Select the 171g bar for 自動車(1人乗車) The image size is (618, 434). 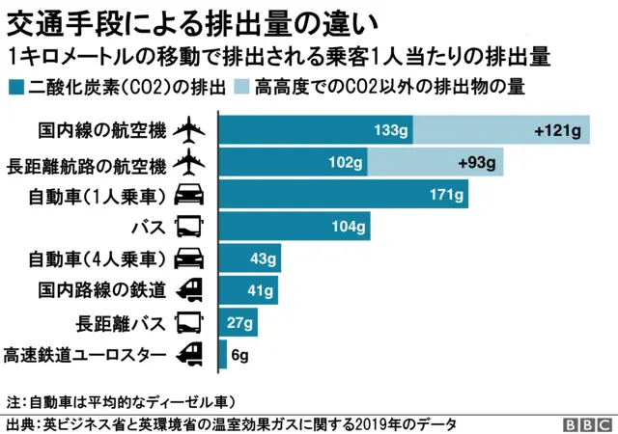[345, 194]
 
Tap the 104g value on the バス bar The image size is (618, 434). [349, 227]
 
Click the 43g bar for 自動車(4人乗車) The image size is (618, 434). [250, 258]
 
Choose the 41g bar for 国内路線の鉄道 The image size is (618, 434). [249, 290]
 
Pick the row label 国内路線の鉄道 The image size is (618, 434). [102, 290]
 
